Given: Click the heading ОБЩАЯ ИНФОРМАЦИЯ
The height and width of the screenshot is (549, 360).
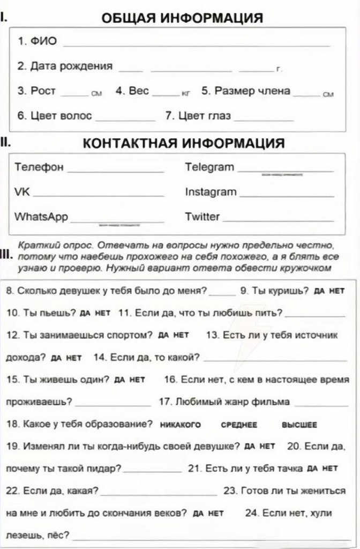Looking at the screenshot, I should click(x=182, y=18).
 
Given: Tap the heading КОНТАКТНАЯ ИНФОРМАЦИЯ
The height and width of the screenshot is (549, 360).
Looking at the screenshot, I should click(x=184, y=143).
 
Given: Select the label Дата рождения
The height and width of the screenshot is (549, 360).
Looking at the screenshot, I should click(x=65, y=66).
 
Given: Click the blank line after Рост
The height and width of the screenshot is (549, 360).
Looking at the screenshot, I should click(x=74, y=94).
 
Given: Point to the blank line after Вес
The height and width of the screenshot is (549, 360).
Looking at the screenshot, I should click(x=165, y=94).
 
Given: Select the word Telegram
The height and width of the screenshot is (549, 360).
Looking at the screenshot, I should click(x=209, y=167).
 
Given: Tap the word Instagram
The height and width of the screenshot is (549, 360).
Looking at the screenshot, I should click(x=211, y=192).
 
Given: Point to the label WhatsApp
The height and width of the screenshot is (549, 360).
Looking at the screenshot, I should click(x=41, y=217).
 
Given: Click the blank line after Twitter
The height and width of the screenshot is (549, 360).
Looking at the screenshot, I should click(x=277, y=220).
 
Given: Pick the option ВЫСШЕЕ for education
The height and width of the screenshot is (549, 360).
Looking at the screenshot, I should click(x=299, y=425).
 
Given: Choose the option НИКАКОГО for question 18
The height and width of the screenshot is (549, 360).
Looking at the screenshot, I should click(x=181, y=425).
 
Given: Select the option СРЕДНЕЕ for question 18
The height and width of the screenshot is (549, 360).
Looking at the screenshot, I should click(x=239, y=425).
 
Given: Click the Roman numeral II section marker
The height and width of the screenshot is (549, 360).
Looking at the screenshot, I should click(x=4, y=143).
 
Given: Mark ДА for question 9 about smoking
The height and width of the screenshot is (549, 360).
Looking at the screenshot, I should click(x=319, y=291).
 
